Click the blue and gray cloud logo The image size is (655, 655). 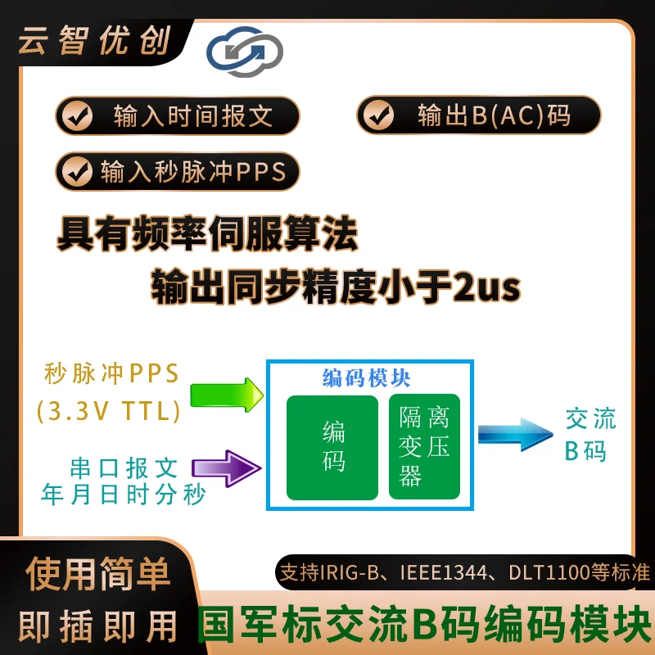click(245, 52)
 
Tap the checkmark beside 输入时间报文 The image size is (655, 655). click(77, 115)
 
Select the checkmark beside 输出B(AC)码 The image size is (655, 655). click(378, 115)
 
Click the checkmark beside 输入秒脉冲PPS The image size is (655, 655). click(77, 171)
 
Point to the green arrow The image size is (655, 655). click(227, 395)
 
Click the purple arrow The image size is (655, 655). click(227, 468)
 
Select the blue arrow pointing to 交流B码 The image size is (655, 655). click(516, 435)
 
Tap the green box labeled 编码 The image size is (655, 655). click(332, 447)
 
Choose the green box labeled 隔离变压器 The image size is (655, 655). click(424, 446)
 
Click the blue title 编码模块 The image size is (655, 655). click(366, 378)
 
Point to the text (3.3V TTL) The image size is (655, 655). click(109, 411)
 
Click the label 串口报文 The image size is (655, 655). click(124, 468)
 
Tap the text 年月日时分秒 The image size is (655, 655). click(124, 495)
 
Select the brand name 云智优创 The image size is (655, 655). click(94, 40)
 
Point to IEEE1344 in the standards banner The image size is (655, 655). click(443, 572)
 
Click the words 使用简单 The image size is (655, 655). click(98, 574)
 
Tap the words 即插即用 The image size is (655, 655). click(98, 626)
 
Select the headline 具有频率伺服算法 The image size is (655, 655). click(207, 233)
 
